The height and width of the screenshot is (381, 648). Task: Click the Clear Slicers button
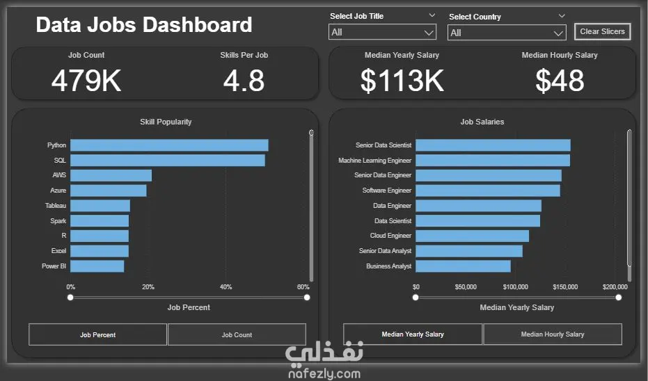coord(602,31)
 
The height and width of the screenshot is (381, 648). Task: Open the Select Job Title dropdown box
coord(382,32)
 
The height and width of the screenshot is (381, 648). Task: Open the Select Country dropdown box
coord(507,33)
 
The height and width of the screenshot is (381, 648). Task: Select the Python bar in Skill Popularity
coord(169,145)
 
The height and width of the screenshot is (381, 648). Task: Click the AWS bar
coord(111,175)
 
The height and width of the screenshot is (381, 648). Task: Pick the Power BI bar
coord(97,266)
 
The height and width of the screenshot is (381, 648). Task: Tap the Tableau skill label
coord(56,206)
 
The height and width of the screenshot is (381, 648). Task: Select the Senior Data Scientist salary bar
coord(493,145)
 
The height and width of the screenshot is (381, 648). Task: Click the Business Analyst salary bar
coord(464,266)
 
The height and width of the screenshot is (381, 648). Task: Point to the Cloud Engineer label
coord(390,236)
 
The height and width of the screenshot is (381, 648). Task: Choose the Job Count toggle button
coord(237,335)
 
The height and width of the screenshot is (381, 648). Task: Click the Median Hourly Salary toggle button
coord(553,334)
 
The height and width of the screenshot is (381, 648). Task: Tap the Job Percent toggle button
coord(97,335)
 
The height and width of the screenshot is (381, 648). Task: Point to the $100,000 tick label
coord(515,287)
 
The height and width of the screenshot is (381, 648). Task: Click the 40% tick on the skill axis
coord(226,287)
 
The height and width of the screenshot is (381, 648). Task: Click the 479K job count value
coord(86,81)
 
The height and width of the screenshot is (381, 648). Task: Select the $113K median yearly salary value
coord(402,81)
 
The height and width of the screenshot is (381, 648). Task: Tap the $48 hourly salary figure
coord(560,81)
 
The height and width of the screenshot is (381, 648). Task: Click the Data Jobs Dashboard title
coord(144,25)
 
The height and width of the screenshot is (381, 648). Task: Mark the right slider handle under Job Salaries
coord(618,298)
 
